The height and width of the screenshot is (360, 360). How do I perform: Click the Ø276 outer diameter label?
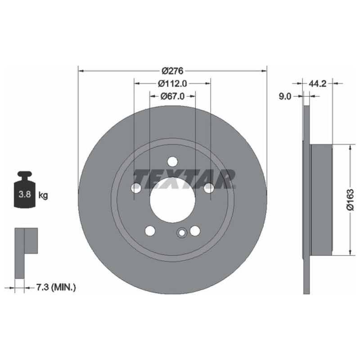(x=171, y=71)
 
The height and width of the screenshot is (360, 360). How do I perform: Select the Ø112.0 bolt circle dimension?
(x=172, y=83)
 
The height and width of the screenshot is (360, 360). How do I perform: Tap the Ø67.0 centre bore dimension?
(x=172, y=96)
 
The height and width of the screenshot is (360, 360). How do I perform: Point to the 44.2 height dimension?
(x=317, y=83)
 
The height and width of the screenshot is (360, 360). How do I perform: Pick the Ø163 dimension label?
(x=351, y=200)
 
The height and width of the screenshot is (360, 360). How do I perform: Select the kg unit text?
(x=43, y=195)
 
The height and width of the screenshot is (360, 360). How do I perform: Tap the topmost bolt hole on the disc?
(x=172, y=162)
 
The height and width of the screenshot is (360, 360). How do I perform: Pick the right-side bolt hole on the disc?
(x=209, y=189)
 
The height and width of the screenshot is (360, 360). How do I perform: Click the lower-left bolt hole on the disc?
(x=150, y=231)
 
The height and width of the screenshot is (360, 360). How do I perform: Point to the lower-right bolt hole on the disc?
(x=195, y=231)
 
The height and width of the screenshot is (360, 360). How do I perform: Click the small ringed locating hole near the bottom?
(x=181, y=233)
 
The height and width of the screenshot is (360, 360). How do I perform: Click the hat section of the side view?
(x=321, y=199)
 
